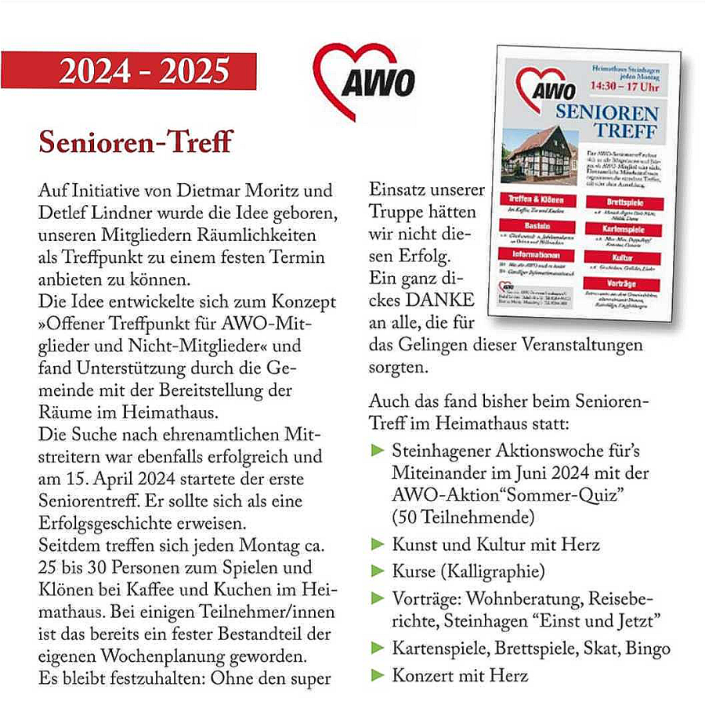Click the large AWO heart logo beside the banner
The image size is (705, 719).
click(x=363, y=80)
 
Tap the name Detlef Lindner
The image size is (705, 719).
click(x=85, y=213)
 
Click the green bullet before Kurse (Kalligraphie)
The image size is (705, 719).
click(x=377, y=570)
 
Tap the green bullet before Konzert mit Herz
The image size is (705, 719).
click(x=377, y=674)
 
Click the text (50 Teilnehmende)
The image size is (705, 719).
click(x=464, y=517)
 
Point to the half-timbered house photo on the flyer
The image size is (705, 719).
click(x=541, y=154)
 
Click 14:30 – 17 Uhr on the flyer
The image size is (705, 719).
click(x=624, y=88)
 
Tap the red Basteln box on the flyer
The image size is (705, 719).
click(x=540, y=226)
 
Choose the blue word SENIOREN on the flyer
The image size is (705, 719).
click(x=608, y=110)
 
